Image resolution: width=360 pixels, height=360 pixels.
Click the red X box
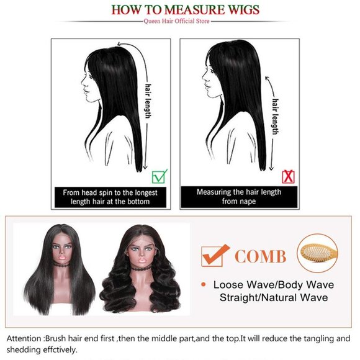pos(287,176)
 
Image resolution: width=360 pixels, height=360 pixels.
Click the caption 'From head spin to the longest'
pos(110,192)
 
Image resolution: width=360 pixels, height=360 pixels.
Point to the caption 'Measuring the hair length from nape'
pos(238,197)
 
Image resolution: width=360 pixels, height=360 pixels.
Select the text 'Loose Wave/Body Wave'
pos(274,285)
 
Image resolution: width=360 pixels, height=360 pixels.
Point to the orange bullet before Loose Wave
pos(204,285)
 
